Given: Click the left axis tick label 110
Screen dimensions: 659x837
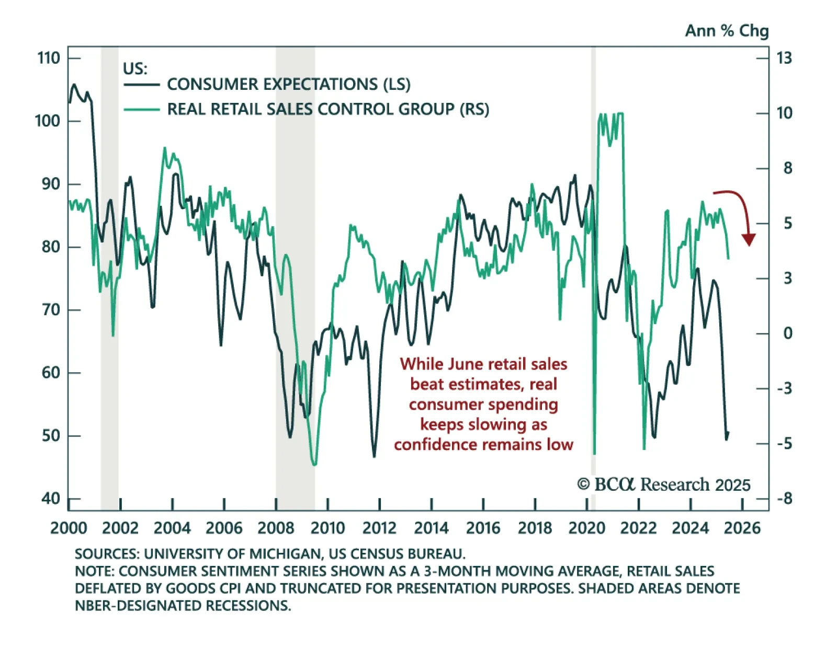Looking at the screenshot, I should [x=49, y=57].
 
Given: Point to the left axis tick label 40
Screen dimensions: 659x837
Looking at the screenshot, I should [x=51, y=499].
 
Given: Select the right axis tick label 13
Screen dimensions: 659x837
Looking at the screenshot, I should [x=784, y=57].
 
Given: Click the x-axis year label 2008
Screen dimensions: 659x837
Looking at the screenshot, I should [x=276, y=528].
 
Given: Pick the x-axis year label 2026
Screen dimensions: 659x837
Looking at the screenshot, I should [x=742, y=528].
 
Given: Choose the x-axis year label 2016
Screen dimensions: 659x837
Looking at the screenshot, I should [x=483, y=528].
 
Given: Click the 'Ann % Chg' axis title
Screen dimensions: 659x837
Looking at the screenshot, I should [x=727, y=31].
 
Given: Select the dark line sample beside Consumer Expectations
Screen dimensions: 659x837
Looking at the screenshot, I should [x=141, y=85].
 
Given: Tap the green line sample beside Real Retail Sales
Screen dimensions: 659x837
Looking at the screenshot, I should [x=141, y=110].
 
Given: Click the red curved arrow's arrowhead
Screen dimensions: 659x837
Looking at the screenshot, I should [x=749, y=240].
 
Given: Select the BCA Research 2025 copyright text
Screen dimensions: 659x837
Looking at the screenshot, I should [x=663, y=485].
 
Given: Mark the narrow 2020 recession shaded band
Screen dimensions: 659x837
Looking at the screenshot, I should [x=593, y=261].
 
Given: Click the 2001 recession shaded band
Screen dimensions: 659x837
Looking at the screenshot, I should [x=109, y=261].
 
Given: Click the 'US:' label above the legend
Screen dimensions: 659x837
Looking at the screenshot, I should [x=135, y=68].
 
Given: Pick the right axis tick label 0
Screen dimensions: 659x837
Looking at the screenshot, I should [x=787, y=333].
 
